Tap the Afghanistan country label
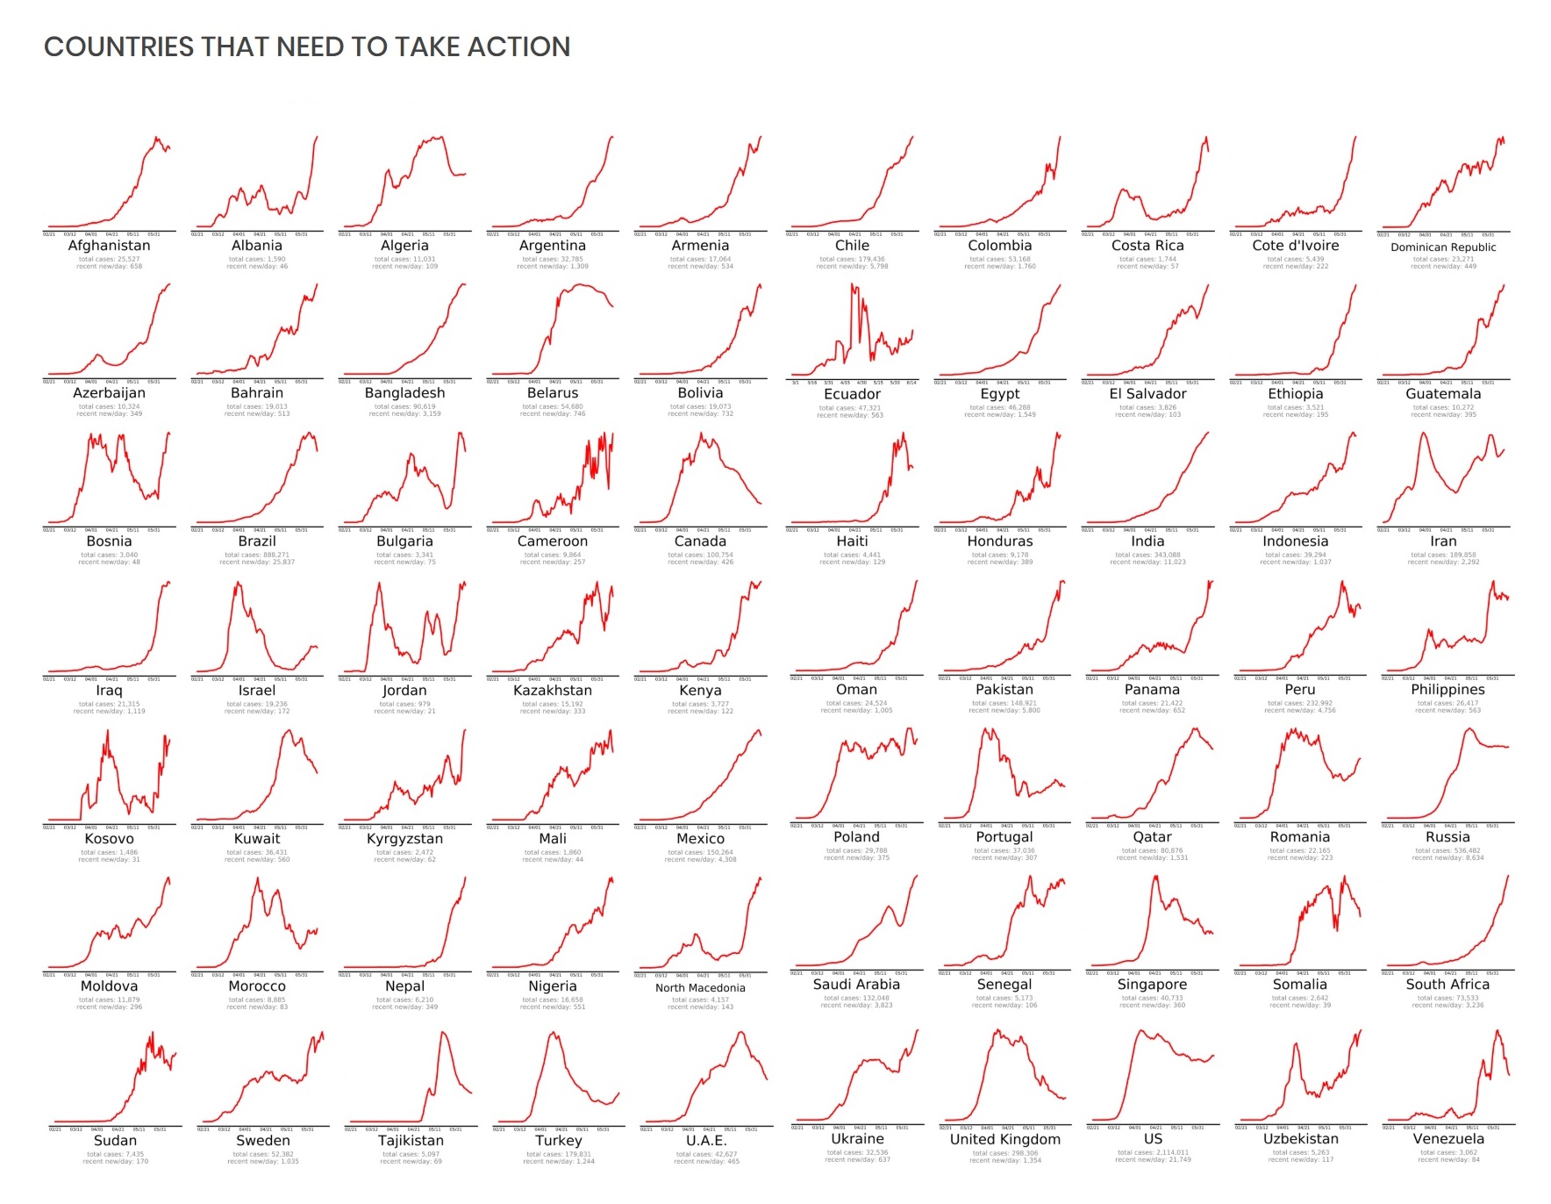tap(109, 246)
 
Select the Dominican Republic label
tap(1443, 247)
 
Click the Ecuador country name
tap(852, 394)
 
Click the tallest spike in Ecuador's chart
tap(853, 286)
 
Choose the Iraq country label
tap(109, 691)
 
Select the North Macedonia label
tap(700, 988)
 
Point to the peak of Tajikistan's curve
tap(444, 1033)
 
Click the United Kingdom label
tap(1004, 1139)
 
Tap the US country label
tap(1153, 1138)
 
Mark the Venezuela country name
tap(1448, 1139)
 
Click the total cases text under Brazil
tap(257, 555)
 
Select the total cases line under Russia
tap(1447, 850)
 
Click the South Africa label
tap(1447, 985)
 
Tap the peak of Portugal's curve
tap(984, 730)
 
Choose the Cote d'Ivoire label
tap(1296, 246)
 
